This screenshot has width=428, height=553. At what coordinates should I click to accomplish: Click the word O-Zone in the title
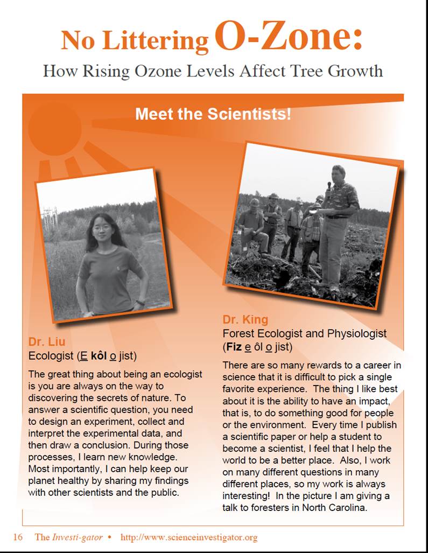(x=288, y=38)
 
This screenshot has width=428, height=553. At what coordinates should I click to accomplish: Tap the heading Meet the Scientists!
(x=213, y=114)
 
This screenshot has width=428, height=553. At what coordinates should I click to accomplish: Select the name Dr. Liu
(x=47, y=342)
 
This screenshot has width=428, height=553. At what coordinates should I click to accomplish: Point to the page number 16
(x=18, y=537)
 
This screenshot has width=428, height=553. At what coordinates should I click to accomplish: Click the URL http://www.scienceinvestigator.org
(x=189, y=537)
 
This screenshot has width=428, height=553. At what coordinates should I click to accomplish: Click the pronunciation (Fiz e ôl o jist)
(x=258, y=346)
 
